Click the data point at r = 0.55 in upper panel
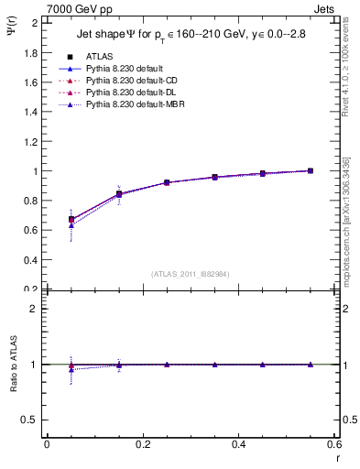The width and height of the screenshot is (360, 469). pos(311,170)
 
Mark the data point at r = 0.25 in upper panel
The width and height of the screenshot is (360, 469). pos(167,182)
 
